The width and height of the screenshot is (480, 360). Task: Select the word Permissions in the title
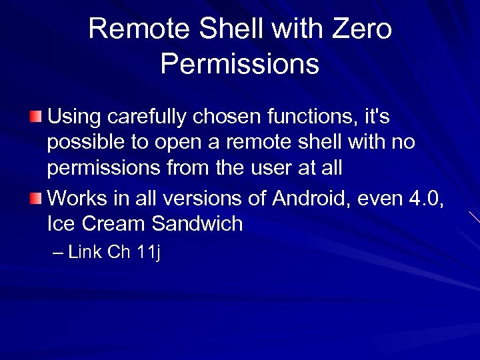[240, 65]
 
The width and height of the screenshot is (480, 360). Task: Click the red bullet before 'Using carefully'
[35, 118]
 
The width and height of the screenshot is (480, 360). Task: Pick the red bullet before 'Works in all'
[35, 198]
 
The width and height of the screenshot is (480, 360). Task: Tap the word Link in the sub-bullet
[84, 253]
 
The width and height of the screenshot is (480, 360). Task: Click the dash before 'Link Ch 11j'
[58, 253]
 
